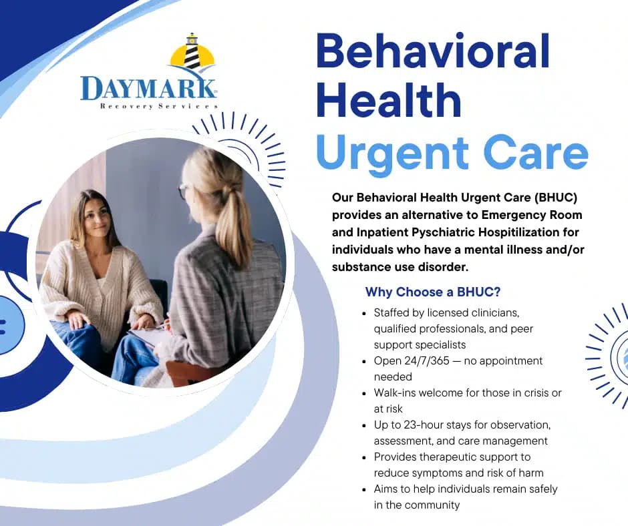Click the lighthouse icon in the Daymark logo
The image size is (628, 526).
[192, 52]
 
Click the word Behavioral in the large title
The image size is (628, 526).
[433, 51]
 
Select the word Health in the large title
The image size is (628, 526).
[388, 101]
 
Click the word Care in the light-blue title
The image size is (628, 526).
[535, 153]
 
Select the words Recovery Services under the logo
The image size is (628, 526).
[158, 106]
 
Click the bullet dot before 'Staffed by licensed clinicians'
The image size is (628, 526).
[363, 312]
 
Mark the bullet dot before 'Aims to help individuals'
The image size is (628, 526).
[363, 489]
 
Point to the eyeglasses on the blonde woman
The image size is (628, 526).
[183, 192]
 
